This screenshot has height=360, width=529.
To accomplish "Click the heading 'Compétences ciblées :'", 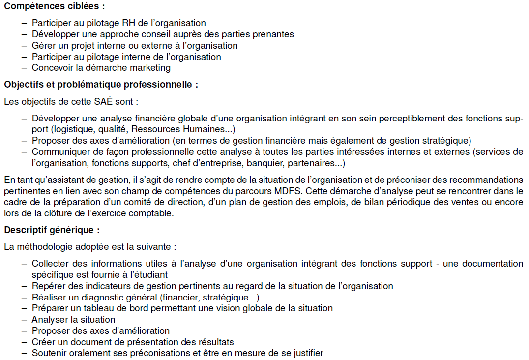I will point(54,7).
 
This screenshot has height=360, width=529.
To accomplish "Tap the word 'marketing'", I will point(149,68).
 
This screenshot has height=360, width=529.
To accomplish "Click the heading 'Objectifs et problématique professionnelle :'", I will point(101,85).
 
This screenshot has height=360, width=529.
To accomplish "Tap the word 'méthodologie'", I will point(42,246).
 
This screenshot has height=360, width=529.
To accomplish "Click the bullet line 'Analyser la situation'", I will point(73,320).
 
